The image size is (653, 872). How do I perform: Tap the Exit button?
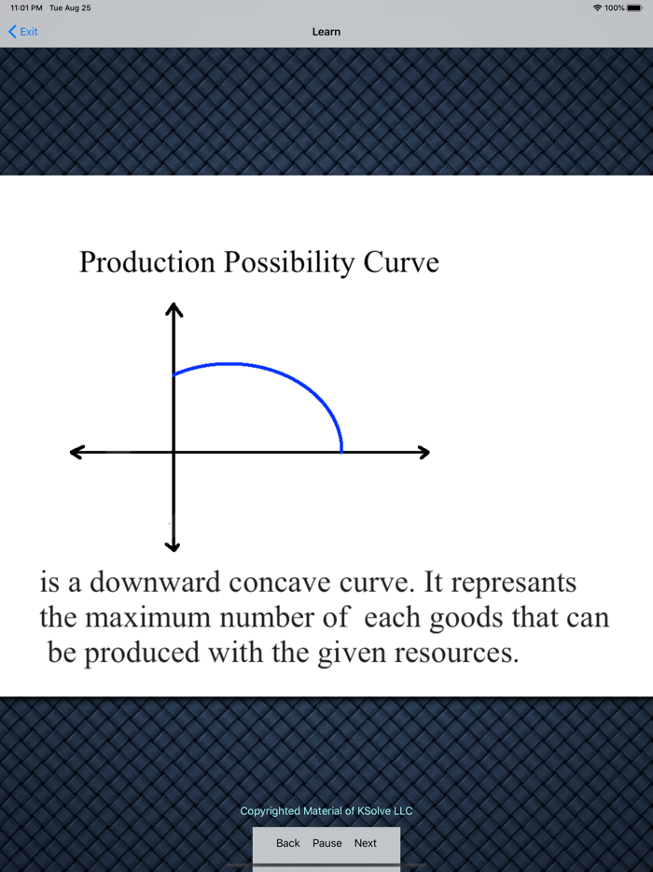click(23, 32)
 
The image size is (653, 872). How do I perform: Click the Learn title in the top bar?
click(326, 32)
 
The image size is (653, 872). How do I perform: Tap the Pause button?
click(327, 843)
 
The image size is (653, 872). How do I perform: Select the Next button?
click(366, 843)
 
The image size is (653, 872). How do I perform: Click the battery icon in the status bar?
click(634, 7)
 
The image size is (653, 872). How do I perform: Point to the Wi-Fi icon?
click(597, 7)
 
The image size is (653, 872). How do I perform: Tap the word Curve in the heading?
click(401, 262)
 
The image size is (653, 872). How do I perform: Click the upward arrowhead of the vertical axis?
click(174, 308)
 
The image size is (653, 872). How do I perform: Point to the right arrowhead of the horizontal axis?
click(424, 453)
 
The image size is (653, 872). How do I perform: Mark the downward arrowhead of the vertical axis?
click(174, 545)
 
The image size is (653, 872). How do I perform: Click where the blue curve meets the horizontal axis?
click(341, 452)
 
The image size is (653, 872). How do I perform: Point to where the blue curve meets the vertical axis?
click(174, 375)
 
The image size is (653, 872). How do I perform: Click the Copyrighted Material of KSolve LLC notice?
click(326, 811)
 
